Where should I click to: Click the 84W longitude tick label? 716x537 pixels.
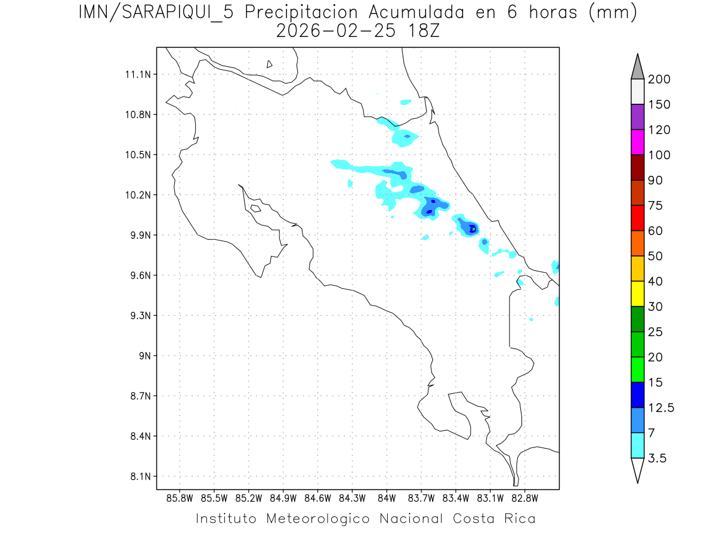click(387, 498)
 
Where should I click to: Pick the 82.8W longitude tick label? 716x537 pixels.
click(524, 498)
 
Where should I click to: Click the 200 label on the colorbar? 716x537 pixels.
click(659, 79)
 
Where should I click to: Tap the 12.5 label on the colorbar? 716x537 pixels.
click(662, 408)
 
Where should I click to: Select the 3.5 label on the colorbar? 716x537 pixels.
click(658, 458)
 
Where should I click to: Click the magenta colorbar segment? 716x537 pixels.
click(637, 142)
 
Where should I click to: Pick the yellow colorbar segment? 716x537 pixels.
click(637, 294)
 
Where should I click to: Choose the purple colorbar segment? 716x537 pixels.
click(637, 117)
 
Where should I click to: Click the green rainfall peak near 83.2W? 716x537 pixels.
click(473, 229)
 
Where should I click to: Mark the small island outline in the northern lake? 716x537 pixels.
click(270, 64)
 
